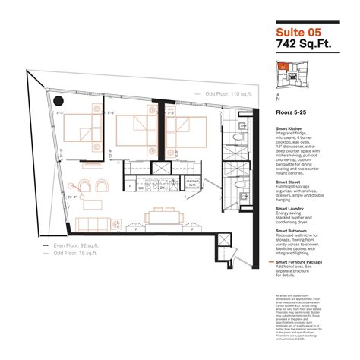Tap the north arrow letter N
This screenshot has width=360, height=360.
pos(279,99)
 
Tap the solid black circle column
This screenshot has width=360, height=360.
pos(59,100)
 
